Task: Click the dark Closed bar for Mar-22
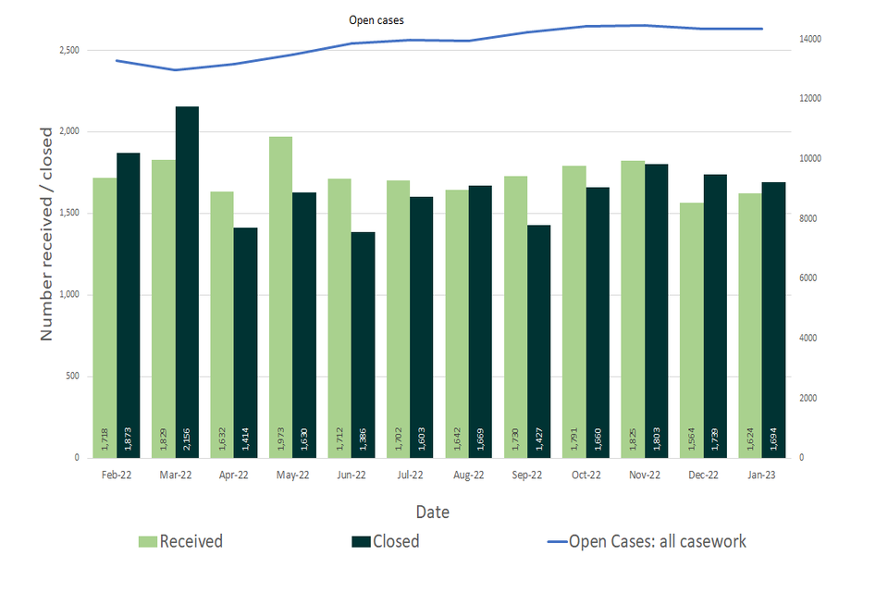pos(187,277)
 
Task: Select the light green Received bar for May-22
pos(280,296)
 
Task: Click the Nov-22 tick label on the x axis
pos(645,475)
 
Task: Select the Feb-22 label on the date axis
pos(117,475)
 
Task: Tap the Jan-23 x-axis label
pos(762,475)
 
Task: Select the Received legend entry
pos(180,541)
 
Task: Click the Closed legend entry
pos(385,541)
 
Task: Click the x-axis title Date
pos(434,512)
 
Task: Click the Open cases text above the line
pos(376,19)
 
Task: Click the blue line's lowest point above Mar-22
pos(176,70)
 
